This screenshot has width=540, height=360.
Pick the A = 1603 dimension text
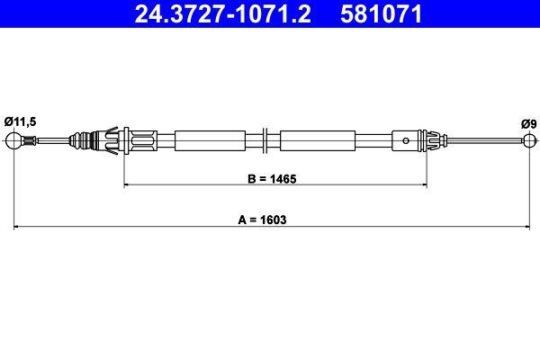click(273, 219)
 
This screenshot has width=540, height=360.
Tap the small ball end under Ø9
click(528, 139)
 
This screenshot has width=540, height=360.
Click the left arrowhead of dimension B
click(126, 184)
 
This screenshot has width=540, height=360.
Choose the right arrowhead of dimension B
click(423, 184)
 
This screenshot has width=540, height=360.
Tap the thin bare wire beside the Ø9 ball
click(486, 139)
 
